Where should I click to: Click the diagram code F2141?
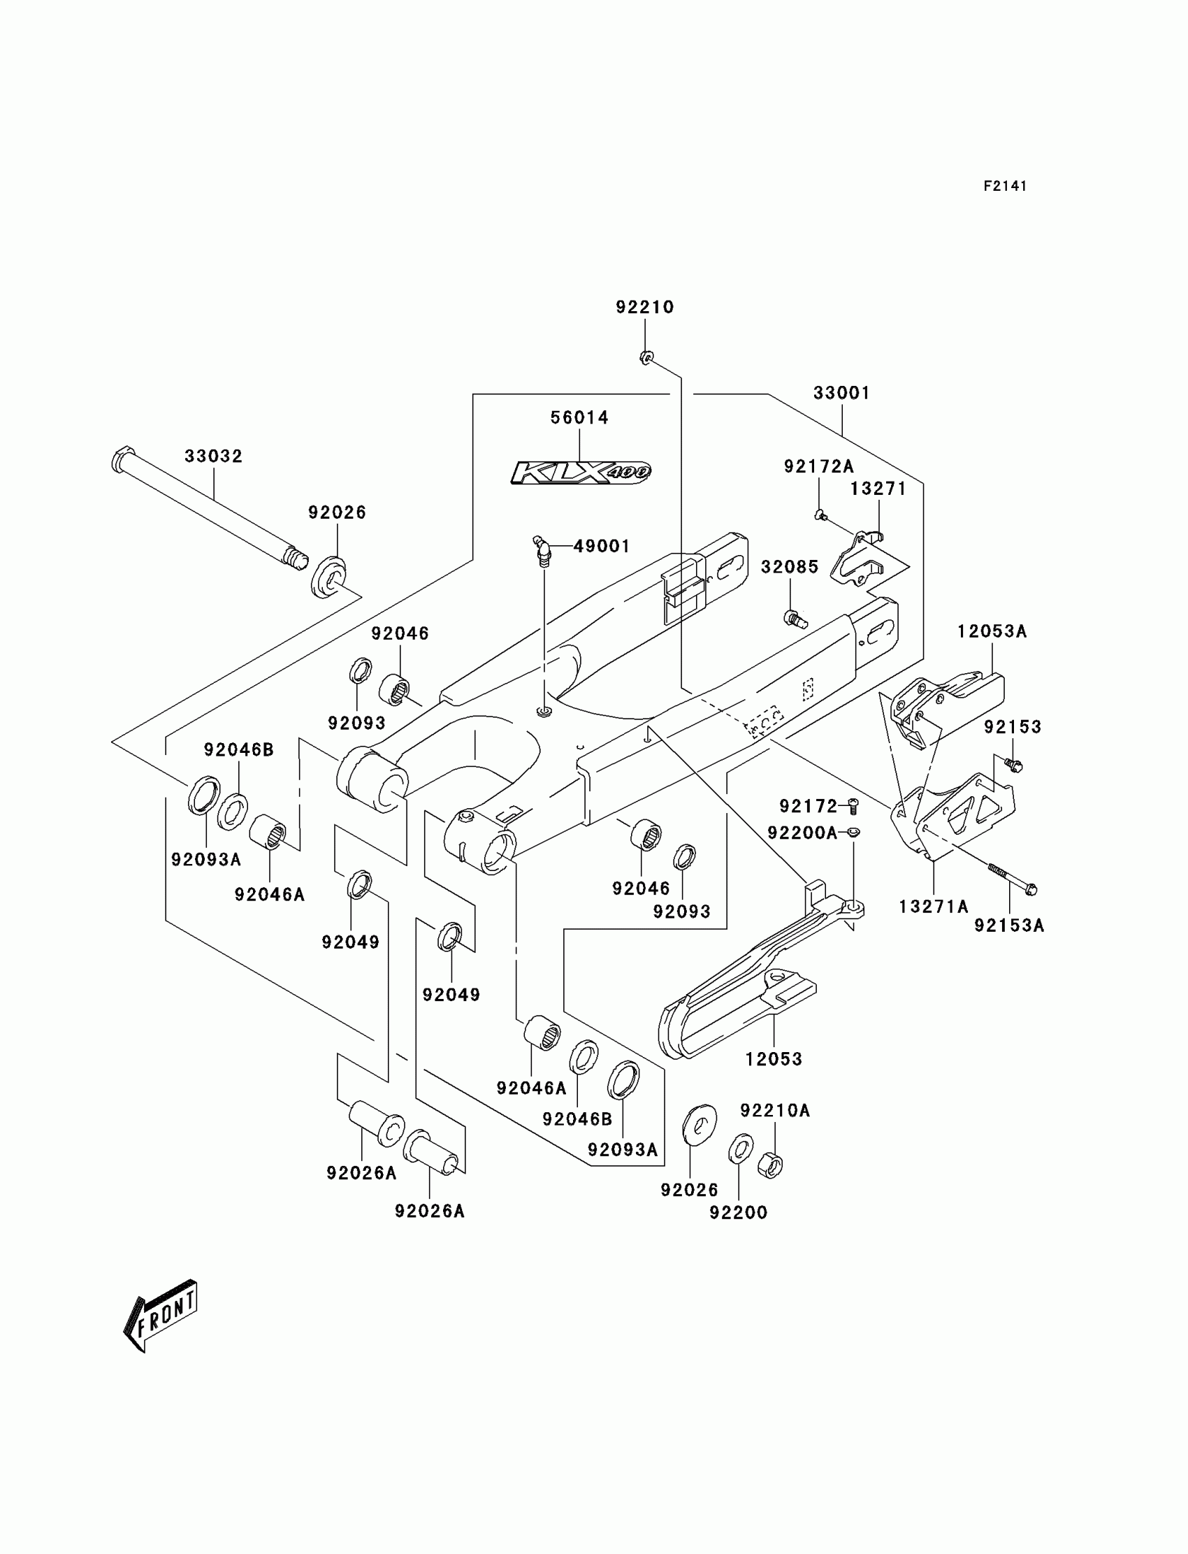(x=1004, y=186)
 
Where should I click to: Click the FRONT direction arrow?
(x=161, y=1315)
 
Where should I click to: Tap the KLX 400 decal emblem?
(x=581, y=472)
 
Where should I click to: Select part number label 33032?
(x=214, y=456)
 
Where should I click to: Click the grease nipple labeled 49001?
(x=542, y=551)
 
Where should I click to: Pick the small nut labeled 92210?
(x=645, y=357)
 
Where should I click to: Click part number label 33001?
(x=841, y=394)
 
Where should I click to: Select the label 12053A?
(x=992, y=632)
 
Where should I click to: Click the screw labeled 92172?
(x=853, y=805)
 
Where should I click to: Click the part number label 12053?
(x=774, y=1059)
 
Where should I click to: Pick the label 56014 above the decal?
(x=580, y=418)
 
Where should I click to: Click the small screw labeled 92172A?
(x=820, y=515)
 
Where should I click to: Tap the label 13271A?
(x=934, y=907)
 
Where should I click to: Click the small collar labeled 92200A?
(x=854, y=833)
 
